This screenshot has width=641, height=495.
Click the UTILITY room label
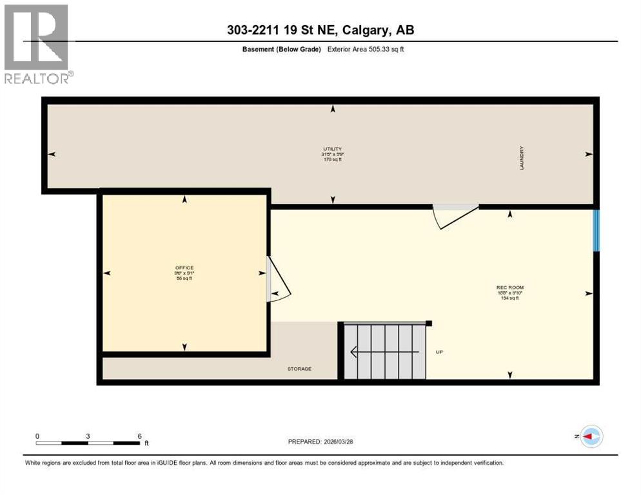tap(331, 149)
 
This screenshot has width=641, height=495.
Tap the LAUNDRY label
tap(522, 158)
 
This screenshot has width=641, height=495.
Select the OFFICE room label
tap(184, 267)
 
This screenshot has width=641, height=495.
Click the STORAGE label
tap(299, 369)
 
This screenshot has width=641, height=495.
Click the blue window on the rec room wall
tap(597, 230)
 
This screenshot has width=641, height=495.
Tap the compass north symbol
tap(590, 436)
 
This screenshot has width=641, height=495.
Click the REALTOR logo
tap(37, 44)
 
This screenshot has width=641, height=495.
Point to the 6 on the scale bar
tap(139, 436)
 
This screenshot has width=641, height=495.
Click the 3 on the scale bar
tap(88, 436)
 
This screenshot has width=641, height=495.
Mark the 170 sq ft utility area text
tap(331, 159)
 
